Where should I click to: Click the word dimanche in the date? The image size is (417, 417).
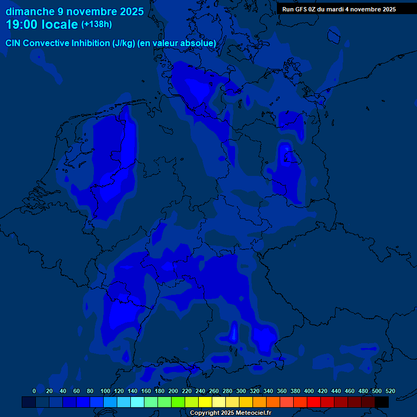pyautogui.click(x=30, y=11)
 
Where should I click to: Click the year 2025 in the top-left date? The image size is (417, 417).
pyautogui.click(x=130, y=11)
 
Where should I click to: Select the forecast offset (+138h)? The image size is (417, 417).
pyautogui.click(x=97, y=25)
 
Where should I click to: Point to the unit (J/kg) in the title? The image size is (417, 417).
pyautogui.click(x=124, y=43)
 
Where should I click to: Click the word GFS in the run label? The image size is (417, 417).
pyautogui.click(x=302, y=9)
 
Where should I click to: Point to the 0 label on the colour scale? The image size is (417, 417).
pyautogui.click(x=34, y=391)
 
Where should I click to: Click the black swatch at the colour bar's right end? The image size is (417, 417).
pyautogui.click(x=382, y=402)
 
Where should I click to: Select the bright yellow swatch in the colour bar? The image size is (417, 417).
pyautogui.click(x=205, y=402)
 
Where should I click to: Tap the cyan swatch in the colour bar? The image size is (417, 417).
pyautogui.click(x=137, y=402)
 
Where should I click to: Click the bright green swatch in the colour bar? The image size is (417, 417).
pyautogui.click(x=178, y=402)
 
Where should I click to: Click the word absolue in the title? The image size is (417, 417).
pyautogui.click(x=199, y=43)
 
